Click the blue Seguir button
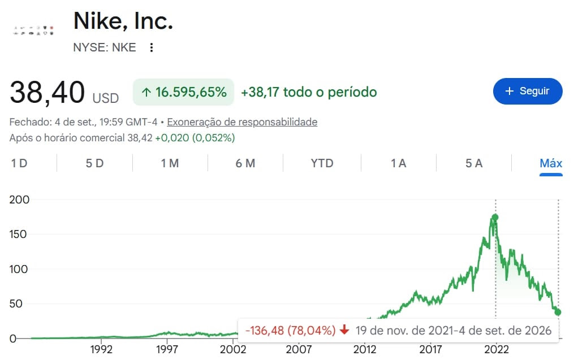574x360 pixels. coord(528,91)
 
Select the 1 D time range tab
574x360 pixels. coord(19,163)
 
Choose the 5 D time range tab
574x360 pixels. coord(94,163)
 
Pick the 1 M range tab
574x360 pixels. coord(170,163)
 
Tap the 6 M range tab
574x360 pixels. coord(245,163)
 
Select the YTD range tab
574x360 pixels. coord(322,163)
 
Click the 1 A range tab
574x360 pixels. coord(399,163)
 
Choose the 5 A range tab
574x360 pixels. coord(474,163)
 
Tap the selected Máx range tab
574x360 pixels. coord(551,163)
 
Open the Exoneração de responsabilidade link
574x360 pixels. coord(242,122)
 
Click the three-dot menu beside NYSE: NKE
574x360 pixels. coord(151,47)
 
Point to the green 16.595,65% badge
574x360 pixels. coord(183,92)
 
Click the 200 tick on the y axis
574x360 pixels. coord(19,199)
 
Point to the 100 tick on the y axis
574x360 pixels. coord(18,269)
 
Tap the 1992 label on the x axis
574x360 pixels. coord(101,349)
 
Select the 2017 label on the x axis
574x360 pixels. coord(430,349)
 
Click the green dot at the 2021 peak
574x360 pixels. coord(495,218)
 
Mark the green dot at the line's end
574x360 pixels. coord(558,312)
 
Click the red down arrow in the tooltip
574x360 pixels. coord(344,329)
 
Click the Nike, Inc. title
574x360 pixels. coord(123,21)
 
